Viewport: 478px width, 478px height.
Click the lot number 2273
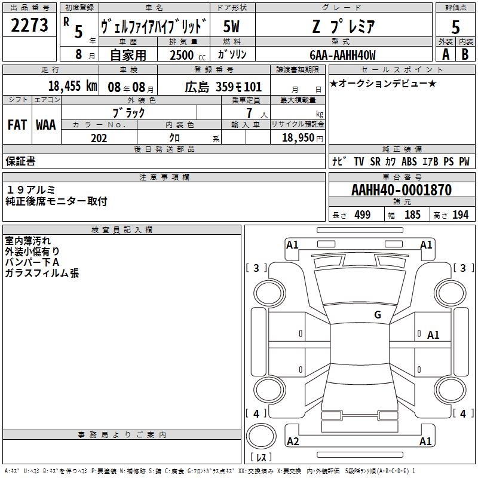tap(29, 25)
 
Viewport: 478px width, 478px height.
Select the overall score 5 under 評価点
tap(455, 27)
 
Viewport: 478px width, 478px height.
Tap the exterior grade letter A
tap(446, 54)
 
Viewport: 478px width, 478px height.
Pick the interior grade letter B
tap(465, 54)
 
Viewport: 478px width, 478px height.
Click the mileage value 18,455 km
tap(73, 85)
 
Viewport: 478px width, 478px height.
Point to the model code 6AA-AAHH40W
tap(342, 55)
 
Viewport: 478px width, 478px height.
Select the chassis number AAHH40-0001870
tap(402, 190)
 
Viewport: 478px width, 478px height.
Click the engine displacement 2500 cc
tap(188, 55)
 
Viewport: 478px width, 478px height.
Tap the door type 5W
tap(231, 26)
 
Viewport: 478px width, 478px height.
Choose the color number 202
tap(99, 138)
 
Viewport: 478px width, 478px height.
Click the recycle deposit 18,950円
tap(302, 138)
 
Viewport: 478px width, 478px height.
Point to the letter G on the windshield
tap(378, 314)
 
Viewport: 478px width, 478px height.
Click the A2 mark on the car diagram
tap(293, 441)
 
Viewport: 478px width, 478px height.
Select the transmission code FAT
tap(17, 125)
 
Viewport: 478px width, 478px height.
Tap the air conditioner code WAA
tap(46, 125)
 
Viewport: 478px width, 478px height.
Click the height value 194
tap(460, 215)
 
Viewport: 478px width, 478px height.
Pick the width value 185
tap(412, 215)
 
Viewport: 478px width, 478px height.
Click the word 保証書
tap(20, 161)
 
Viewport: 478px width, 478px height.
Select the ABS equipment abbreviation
tap(409, 161)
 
